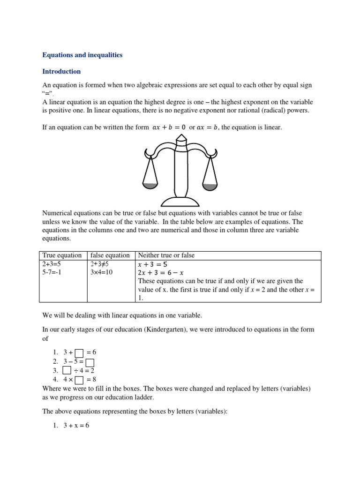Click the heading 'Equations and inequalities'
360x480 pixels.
[82, 55]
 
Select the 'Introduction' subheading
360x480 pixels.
[61, 72]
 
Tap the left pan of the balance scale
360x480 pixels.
[150, 185]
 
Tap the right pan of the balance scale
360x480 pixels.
[210, 186]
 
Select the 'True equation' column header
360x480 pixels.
[62, 255]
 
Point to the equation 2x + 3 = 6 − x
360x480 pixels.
[161, 272]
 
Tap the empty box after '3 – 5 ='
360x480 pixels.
[90, 362]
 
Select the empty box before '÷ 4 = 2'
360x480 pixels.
[67, 371]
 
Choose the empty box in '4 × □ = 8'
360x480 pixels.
[79, 380]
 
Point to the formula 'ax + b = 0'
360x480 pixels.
[169, 127]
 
